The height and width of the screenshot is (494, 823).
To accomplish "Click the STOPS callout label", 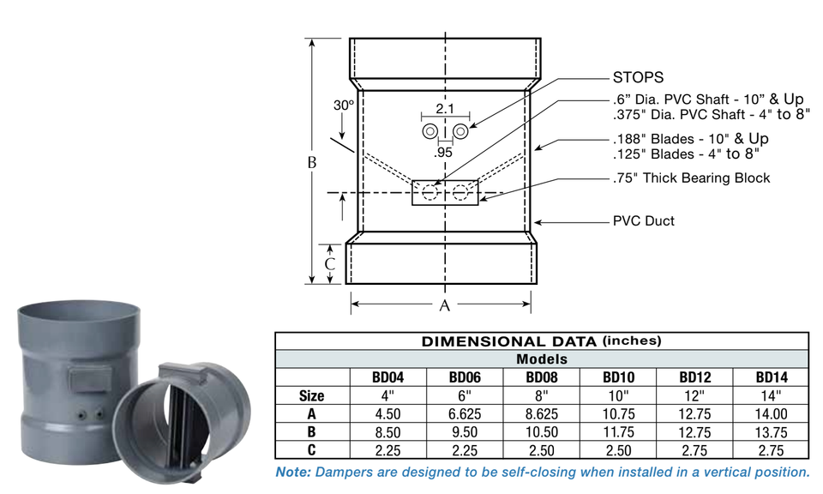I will point(638,77).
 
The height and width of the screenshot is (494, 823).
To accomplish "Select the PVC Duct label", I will point(643,220).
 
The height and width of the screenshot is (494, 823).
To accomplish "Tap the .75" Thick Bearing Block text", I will point(691,178).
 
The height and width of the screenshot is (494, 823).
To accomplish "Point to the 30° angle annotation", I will point(344,105).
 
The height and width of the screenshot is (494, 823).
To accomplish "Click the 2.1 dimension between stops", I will point(444,109).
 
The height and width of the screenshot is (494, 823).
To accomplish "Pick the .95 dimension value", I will point(443,153).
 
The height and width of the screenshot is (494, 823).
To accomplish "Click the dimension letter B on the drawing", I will point(313,162).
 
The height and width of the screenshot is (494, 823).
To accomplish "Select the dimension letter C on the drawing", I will point(329,263).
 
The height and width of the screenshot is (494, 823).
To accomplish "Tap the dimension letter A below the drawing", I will point(444,304).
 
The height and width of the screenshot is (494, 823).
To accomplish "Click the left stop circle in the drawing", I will point(429,130).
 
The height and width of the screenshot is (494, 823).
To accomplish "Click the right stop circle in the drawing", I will point(460,130).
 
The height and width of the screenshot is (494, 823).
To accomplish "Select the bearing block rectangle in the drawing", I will point(444,192).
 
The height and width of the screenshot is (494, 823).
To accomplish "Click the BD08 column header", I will point(542,377).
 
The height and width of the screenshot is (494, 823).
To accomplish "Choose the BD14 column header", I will point(771,377).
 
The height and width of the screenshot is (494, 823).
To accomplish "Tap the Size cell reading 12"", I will point(694,395).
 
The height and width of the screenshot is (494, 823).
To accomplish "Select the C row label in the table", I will point(312,449).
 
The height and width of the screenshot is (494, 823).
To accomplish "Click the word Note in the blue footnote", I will point(293,472).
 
